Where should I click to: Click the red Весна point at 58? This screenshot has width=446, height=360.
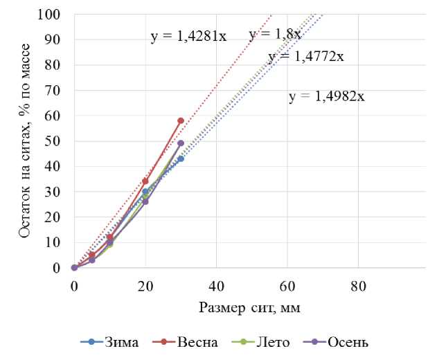(x=181, y=120)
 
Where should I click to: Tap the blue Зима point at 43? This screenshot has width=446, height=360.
(x=181, y=159)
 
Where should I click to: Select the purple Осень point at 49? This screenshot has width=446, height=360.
(x=181, y=143)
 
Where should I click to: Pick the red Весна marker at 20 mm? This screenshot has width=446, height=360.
(x=145, y=181)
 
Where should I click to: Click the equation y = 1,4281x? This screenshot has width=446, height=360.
(x=188, y=37)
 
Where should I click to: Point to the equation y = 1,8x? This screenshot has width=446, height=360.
(x=274, y=35)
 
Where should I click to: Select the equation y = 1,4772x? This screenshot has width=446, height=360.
(x=305, y=57)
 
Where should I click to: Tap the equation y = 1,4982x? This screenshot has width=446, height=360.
(x=326, y=97)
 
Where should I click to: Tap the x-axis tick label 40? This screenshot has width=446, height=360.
(x=216, y=284)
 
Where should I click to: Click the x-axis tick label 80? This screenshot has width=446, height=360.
(x=358, y=284)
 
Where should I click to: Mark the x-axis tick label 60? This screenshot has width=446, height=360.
(x=287, y=284)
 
